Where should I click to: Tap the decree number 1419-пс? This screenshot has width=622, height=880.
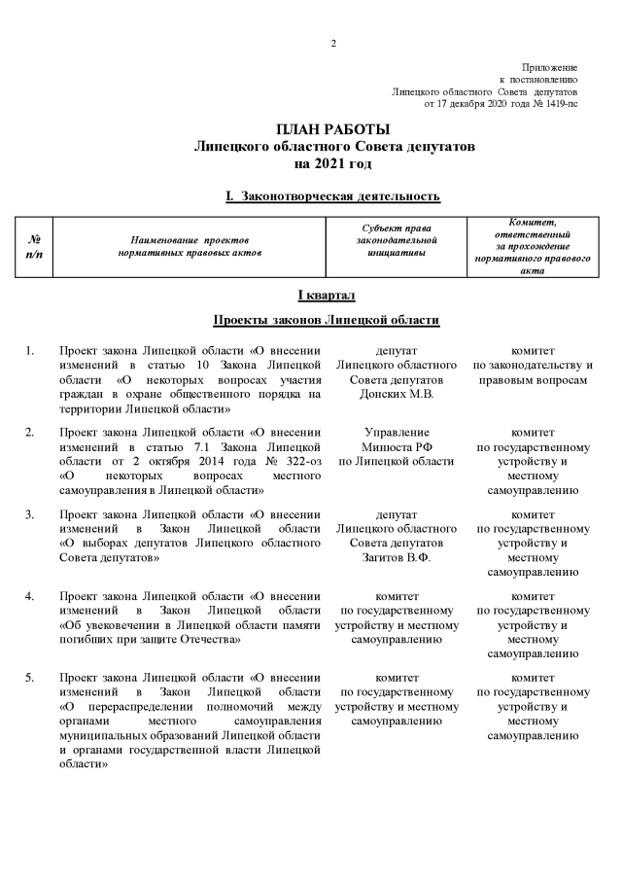(558, 102)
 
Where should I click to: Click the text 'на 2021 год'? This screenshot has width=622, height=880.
(332, 162)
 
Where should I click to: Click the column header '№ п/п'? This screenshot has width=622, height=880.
(35, 247)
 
